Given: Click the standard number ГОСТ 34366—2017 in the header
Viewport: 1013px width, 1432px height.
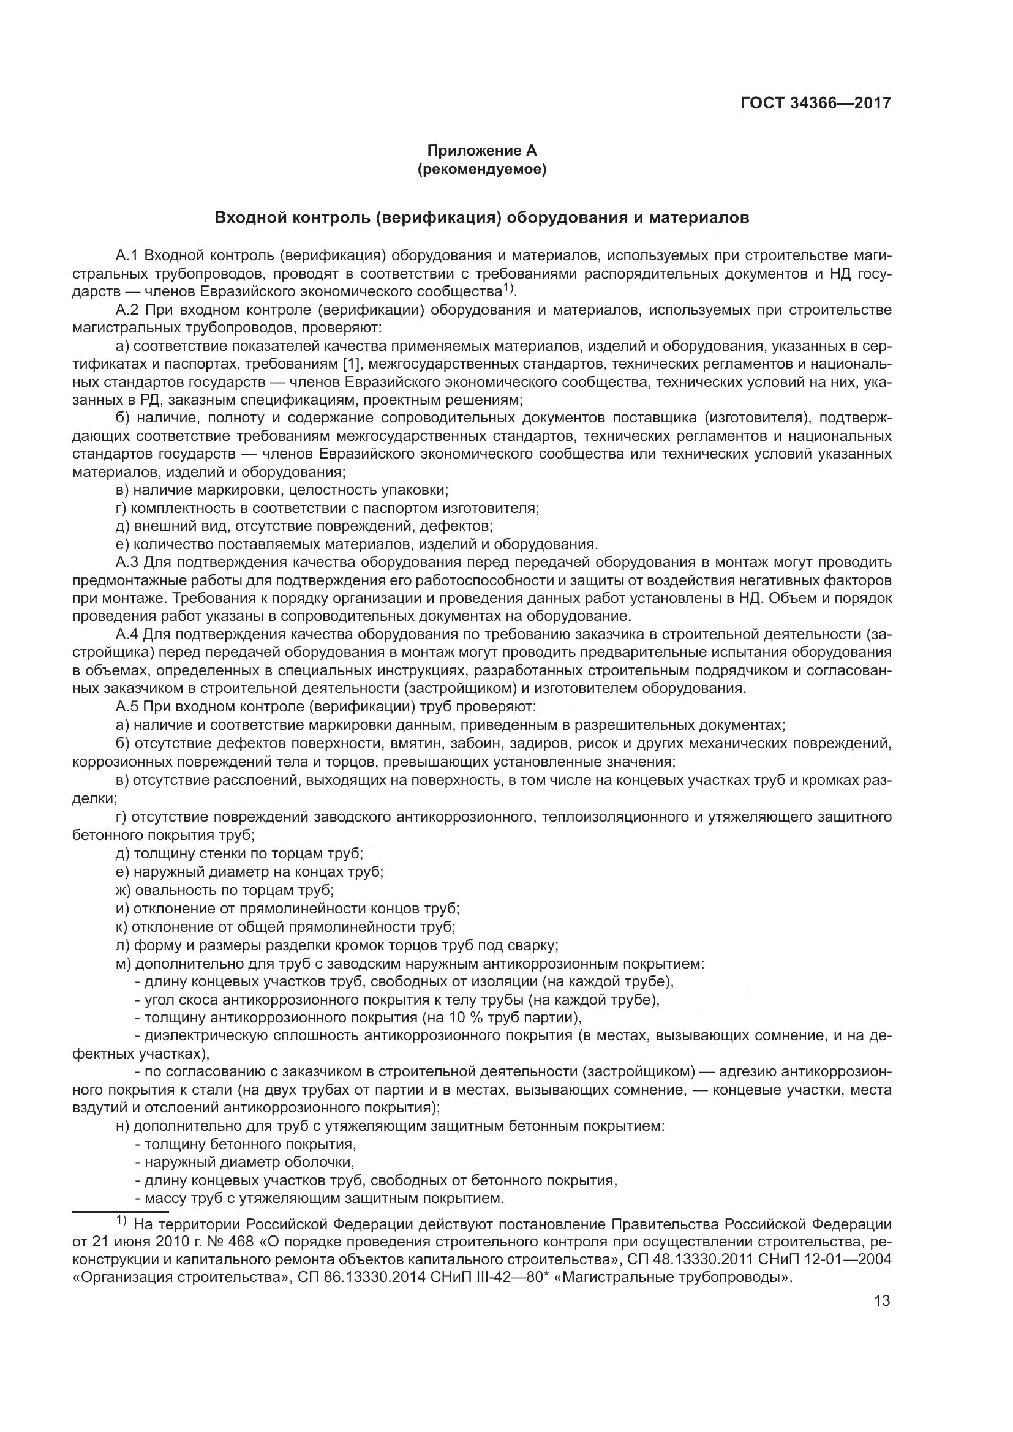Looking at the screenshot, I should tap(815, 103).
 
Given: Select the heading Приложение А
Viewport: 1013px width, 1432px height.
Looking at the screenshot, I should tap(481, 151).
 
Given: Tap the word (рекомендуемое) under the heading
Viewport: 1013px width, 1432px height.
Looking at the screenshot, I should tap(481, 169).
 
